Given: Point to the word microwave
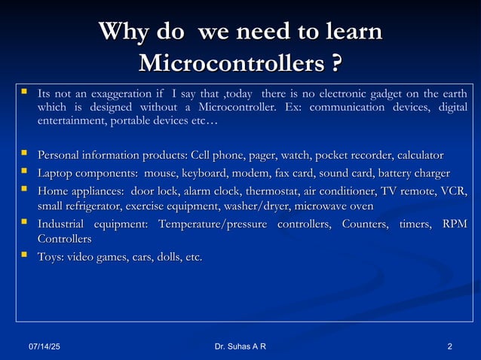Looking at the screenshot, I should click(320, 205).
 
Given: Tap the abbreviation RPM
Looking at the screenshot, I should click(454, 224).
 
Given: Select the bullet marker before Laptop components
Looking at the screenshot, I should click(25, 172).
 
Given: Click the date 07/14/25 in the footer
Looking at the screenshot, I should click(44, 346).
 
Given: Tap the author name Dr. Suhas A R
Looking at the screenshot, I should click(240, 346).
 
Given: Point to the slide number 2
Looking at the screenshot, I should click(449, 346).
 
